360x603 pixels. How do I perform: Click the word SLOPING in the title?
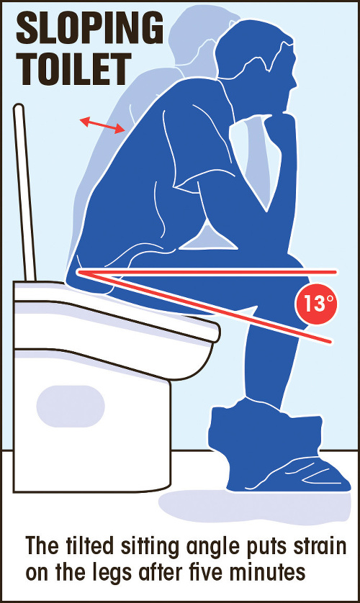pos(89,30)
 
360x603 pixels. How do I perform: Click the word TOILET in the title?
pos(74,70)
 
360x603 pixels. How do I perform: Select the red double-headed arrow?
pos(102,126)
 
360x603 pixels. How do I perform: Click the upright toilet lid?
pos(24,192)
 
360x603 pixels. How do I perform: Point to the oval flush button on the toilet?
pos(71,406)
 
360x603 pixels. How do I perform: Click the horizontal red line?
pos(207,272)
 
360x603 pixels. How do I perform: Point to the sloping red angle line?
pos(204,306)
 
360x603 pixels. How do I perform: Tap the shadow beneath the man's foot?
pos(255,507)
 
